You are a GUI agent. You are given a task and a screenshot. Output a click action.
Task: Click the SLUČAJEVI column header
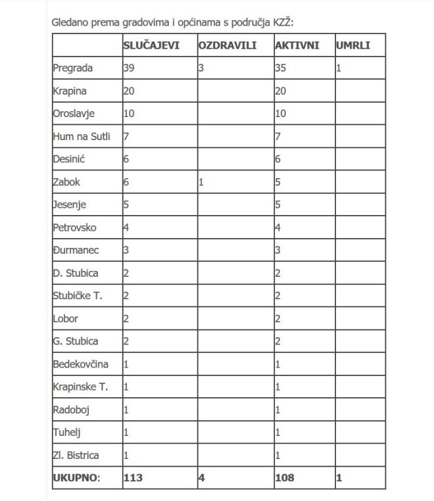click(x=151, y=45)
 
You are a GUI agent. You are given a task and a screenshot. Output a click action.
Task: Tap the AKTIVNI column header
click(x=297, y=45)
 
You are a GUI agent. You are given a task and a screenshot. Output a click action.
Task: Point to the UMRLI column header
click(x=353, y=45)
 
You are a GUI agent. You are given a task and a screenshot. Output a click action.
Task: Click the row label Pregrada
click(x=73, y=68)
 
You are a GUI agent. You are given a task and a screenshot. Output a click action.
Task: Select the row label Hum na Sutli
click(x=82, y=136)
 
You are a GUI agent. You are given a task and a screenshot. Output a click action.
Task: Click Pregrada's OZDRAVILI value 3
click(x=201, y=68)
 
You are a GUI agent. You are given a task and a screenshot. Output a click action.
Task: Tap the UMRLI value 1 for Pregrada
click(x=339, y=68)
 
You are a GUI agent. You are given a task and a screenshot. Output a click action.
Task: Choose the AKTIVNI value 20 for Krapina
click(x=281, y=91)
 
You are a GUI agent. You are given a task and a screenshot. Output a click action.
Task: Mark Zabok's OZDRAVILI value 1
click(x=201, y=182)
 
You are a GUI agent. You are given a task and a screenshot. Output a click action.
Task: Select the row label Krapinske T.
click(x=80, y=387)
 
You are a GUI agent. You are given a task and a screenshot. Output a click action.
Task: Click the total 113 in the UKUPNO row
click(x=133, y=478)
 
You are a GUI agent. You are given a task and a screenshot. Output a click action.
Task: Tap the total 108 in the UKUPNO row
click(x=285, y=478)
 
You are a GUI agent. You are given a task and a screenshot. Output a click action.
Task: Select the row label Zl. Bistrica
click(x=76, y=455)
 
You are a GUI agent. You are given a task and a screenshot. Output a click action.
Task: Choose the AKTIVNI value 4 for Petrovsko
click(x=278, y=227)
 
